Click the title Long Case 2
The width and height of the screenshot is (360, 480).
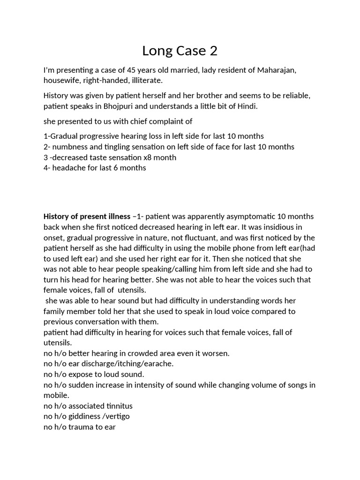pyautogui.click(x=180, y=50)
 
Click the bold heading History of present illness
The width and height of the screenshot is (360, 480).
pyautogui.click(x=87, y=217)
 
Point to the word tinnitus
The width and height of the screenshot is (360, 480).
pyautogui.click(x=116, y=406)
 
